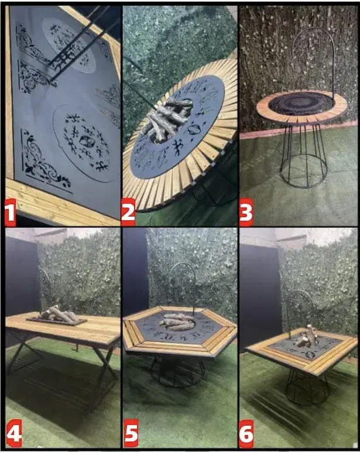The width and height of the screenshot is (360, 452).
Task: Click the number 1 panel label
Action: tap(11, 213)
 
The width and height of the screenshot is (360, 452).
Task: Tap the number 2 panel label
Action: tap(128, 213)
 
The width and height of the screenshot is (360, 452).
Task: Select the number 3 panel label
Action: tap(246, 213)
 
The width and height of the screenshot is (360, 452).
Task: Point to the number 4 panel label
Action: tap(13, 433)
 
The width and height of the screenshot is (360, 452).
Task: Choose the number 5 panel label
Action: tap(131, 433)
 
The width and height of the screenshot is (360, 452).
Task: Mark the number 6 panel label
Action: tap(246, 433)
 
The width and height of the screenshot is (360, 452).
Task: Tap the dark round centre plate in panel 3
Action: tap(301, 103)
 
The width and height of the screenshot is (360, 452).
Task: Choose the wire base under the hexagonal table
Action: tap(178, 371)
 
